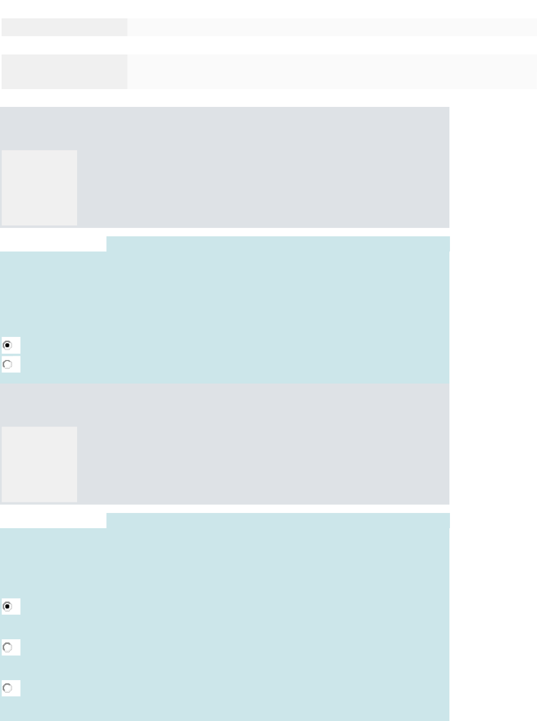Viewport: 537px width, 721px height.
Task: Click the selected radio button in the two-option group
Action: point(7,345)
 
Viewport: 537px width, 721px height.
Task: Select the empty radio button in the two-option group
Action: point(7,364)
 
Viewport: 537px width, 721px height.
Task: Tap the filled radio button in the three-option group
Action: point(7,606)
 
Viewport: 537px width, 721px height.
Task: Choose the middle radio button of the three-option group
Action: point(7,647)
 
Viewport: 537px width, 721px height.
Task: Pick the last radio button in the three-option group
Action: point(7,688)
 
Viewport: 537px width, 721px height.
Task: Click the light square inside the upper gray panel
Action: point(39,188)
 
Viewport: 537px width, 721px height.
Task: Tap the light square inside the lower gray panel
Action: point(39,464)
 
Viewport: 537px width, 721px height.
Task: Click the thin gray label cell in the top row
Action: point(64,27)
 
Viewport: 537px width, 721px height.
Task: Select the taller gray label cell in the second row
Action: point(64,71)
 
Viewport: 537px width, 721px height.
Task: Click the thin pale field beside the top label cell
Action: point(331,27)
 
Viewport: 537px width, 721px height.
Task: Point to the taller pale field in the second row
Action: point(331,71)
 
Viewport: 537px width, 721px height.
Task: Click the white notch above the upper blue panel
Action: point(52,244)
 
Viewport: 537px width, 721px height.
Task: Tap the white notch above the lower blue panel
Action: point(52,520)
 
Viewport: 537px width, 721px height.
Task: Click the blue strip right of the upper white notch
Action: point(278,244)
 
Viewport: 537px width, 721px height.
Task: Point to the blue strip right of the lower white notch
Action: point(278,520)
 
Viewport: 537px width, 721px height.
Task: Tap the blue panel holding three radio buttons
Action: point(236,629)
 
